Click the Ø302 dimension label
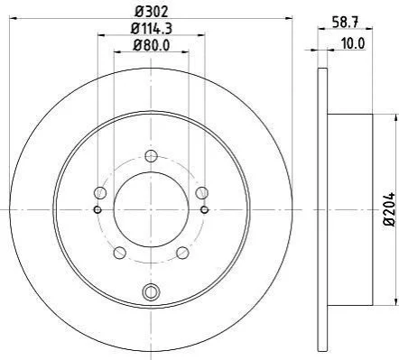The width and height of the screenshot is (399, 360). click(151, 12)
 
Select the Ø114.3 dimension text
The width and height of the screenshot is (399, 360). click(152, 29)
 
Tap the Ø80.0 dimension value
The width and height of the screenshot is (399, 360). click(152, 45)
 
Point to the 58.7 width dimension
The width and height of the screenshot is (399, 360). click(345, 23)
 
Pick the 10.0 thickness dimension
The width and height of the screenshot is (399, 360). click(353, 44)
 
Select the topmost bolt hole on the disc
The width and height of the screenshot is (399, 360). click(151, 156)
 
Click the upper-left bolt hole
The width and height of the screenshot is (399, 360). click(100, 192)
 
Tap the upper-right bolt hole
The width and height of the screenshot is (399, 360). click(201, 192)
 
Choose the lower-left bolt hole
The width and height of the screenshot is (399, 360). click(120, 253)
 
